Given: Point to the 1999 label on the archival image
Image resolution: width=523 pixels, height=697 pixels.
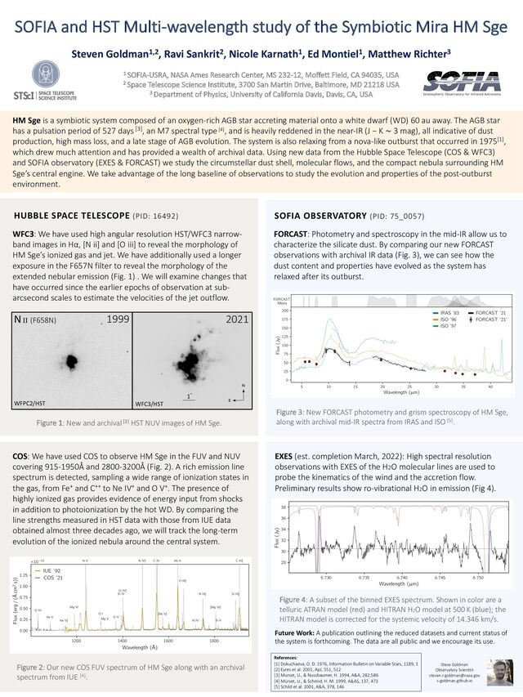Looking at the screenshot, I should point(118,319).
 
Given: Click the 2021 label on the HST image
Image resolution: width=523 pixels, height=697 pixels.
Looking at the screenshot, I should point(238,319).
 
